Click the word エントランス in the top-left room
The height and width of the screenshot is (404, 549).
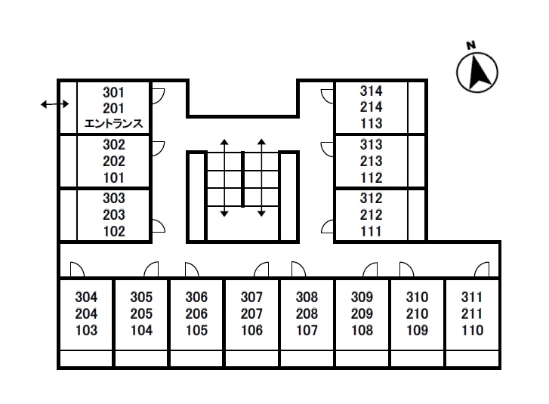114,124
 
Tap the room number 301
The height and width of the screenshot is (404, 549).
113,93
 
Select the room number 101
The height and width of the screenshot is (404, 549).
114,178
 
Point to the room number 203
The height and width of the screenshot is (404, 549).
114,214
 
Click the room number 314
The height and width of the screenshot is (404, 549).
371,91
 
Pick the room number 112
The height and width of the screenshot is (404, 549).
371,178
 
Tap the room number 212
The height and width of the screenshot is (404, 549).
371,214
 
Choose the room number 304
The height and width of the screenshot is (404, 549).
86,297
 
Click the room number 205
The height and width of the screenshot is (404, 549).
141,313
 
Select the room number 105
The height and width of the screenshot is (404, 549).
197,330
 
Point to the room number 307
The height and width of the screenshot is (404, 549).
251,297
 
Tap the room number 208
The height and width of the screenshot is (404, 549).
307,313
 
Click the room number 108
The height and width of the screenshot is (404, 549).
362,330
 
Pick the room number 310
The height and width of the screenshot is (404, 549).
418,297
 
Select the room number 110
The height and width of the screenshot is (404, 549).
472,330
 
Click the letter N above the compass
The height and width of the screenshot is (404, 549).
471,45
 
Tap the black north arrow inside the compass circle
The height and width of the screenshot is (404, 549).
478,72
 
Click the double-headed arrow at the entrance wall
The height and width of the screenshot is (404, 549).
54,104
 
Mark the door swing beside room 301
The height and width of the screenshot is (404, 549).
159,96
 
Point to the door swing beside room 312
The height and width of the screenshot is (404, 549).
328,227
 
